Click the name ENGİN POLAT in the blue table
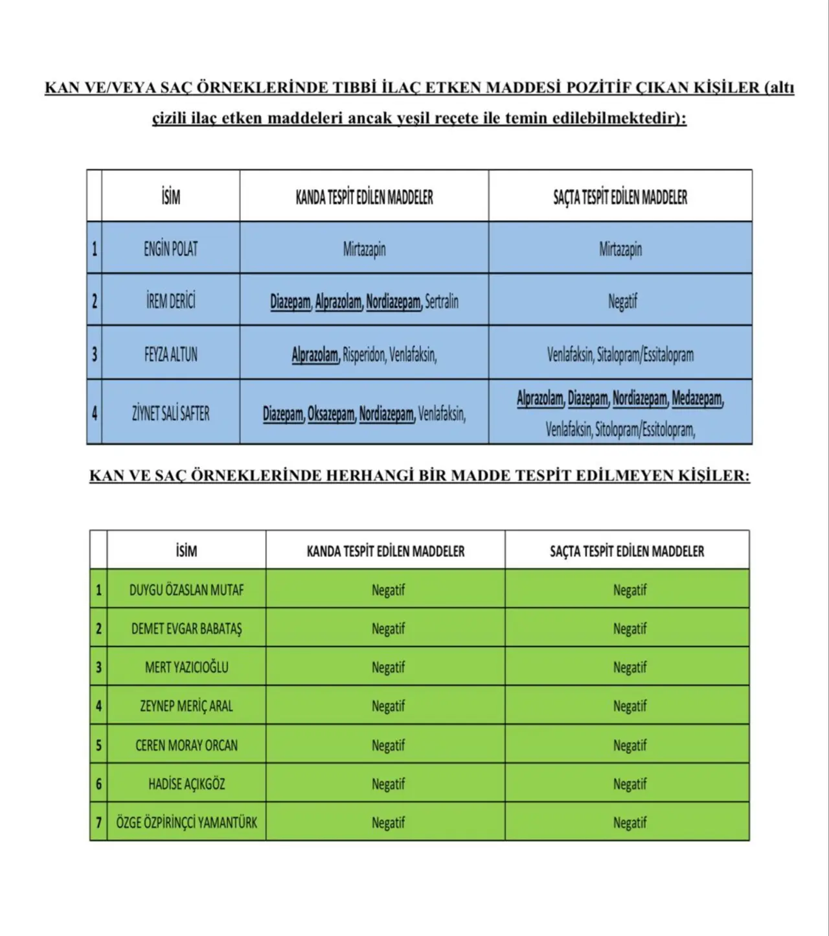(x=170, y=249)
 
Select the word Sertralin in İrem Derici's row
(x=442, y=302)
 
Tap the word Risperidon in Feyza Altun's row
(x=363, y=355)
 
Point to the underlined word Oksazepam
(x=331, y=414)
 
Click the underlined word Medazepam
(x=697, y=398)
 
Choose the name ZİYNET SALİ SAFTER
(x=170, y=414)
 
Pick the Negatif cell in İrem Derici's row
(x=622, y=301)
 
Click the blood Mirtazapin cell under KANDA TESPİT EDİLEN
(x=364, y=249)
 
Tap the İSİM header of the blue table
(x=170, y=197)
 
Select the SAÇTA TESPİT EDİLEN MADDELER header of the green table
(x=626, y=551)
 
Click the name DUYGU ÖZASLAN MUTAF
(x=187, y=590)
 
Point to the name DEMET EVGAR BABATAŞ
(x=187, y=628)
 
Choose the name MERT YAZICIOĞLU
(x=187, y=667)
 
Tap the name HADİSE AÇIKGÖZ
(x=187, y=784)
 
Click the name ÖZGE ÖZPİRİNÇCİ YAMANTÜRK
(x=187, y=823)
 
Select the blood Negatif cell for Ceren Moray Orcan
(x=388, y=746)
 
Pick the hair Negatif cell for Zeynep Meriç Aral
(x=630, y=706)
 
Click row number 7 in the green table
(x=98, y=823)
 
